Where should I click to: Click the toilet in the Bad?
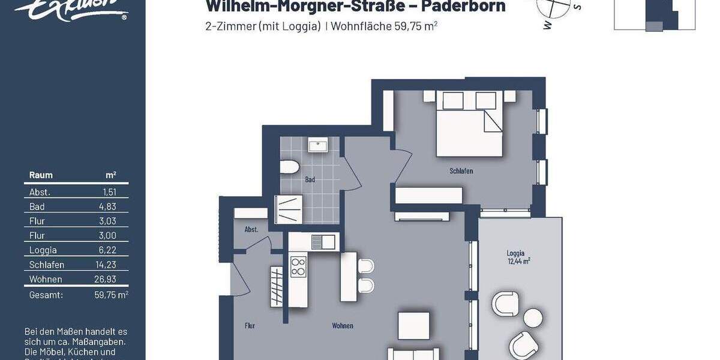coord(291,167)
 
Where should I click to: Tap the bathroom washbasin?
coord(317,145)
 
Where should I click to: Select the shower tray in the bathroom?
coord(290,210)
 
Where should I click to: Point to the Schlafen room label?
coord(461,171)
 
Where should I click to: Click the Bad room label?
coord(310,179)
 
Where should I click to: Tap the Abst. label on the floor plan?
coord(251,230)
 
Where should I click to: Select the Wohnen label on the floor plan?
coord(343,326)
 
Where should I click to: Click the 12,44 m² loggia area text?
coord(518,261)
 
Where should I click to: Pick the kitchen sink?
coord(323,242)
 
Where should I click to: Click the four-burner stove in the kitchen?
coord(298,266)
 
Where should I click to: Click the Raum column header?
coord(41,175)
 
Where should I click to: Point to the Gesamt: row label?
coord(46,295)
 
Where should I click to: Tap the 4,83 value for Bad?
coord(107,206)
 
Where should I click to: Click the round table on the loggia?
coord(532,317)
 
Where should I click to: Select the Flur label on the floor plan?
coord(250,326)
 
